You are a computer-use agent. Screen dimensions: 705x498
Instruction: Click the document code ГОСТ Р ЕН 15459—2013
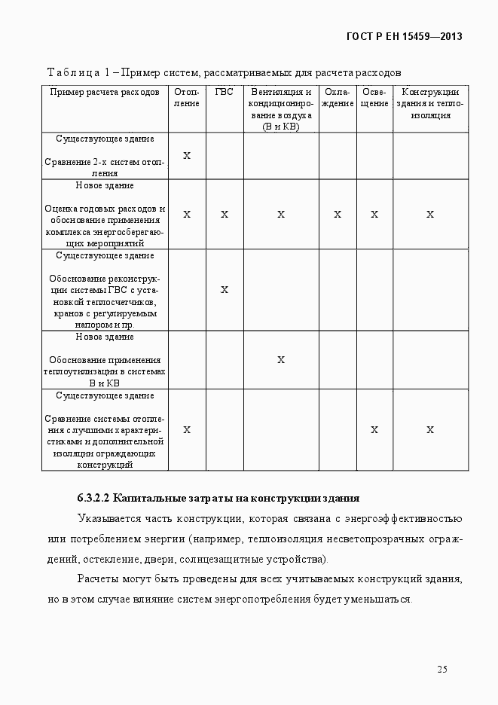[x=404, y=36]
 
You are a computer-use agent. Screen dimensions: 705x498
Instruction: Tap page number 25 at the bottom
[x=442, y=670]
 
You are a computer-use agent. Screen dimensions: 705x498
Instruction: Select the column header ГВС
[x=225, y=93]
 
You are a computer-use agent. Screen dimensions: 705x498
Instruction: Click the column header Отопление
[x=187, y=98]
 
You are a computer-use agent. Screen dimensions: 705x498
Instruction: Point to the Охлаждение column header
[x=338, y=98]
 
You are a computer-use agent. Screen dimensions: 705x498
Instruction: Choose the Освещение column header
[x=374, y=98]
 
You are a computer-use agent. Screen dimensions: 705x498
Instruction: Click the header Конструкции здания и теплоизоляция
[x=430, y=104]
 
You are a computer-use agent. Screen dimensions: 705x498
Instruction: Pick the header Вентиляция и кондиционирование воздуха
[x=281, y=110]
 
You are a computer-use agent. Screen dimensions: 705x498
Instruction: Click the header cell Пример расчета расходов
[x=105, y=93]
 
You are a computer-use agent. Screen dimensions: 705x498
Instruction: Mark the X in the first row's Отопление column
[x=187, y=156]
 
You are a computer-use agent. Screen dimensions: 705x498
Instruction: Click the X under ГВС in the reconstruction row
[x=225, y=290]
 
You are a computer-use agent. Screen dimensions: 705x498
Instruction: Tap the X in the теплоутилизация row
[x=281, y=360]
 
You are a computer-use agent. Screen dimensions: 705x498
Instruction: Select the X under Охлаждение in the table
[x=338, y=215]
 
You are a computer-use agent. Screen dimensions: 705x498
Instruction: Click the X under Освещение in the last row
[x=374, y=430]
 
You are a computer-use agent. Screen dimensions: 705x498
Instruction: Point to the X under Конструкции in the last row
[x=430, y=430]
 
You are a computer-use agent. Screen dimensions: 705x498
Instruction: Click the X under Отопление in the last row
[x=187, y=430]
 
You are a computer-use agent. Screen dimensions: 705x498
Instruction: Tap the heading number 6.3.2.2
[x=93, y=499]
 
